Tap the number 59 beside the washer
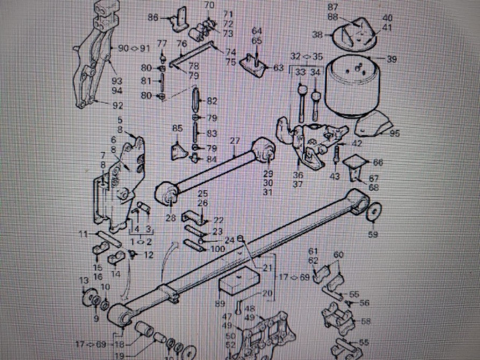coord(372,234)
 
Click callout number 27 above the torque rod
coord(234,141)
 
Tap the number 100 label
coord(217,249)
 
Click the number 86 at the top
coord(153,18)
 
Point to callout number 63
coord(278,68)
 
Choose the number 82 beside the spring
coord(212,101)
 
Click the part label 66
coord(378,162)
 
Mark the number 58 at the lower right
coord(366,321)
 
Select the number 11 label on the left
coord(83,234)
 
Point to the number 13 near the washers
coord(83,281)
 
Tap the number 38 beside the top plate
coord(317,35)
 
